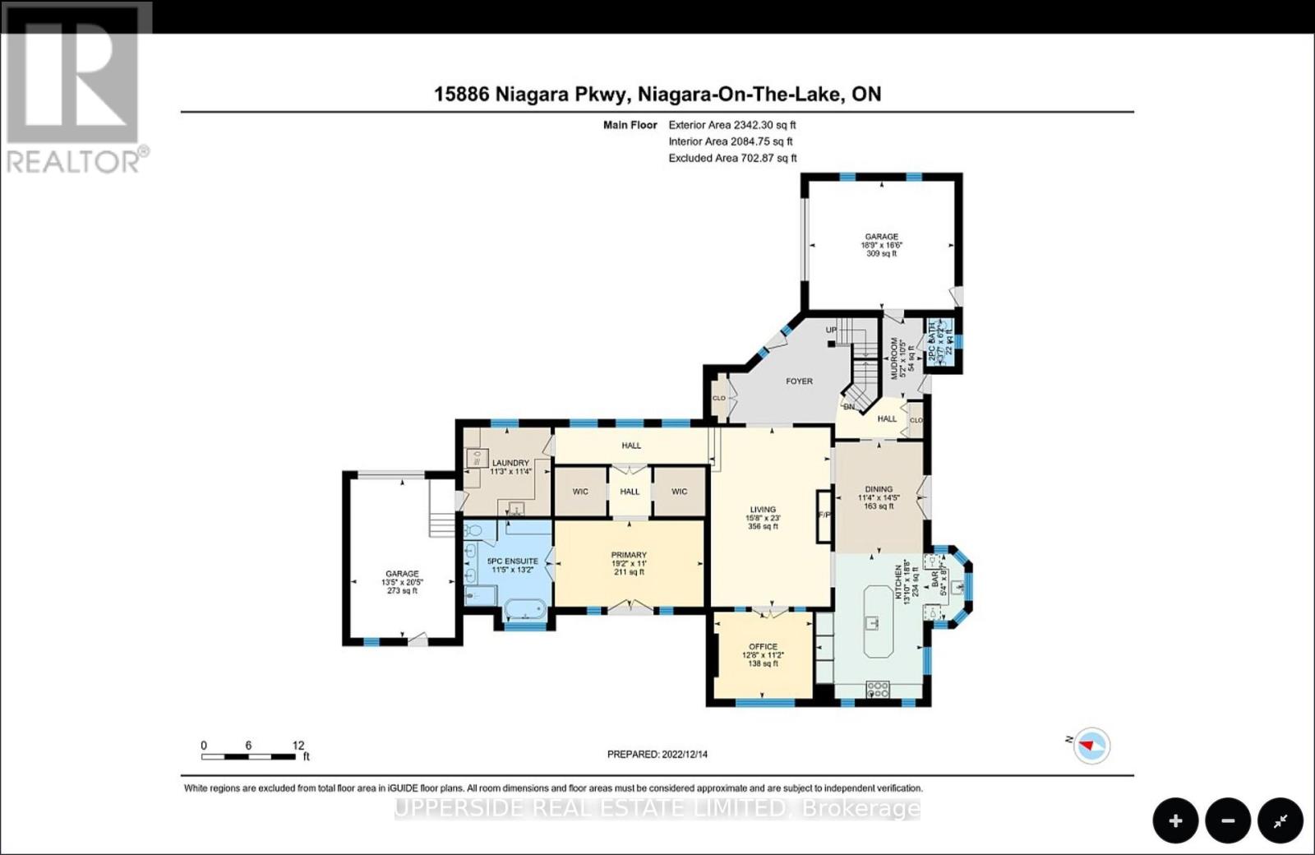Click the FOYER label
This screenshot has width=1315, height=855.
click(799, 381)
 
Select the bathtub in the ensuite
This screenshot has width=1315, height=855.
click(524, 610)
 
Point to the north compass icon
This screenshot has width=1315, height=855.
click(1091, 746)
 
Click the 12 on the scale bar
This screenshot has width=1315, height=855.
click(298, 746)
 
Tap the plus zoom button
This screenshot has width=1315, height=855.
click(1175, 820)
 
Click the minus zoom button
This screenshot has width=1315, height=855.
click(1228, 820)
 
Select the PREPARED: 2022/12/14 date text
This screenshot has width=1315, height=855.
click(657, 754)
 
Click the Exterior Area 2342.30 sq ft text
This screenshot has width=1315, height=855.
click(731, 125)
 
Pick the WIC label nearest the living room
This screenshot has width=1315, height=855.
click(679, 492)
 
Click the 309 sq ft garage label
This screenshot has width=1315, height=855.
click(881, 254)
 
